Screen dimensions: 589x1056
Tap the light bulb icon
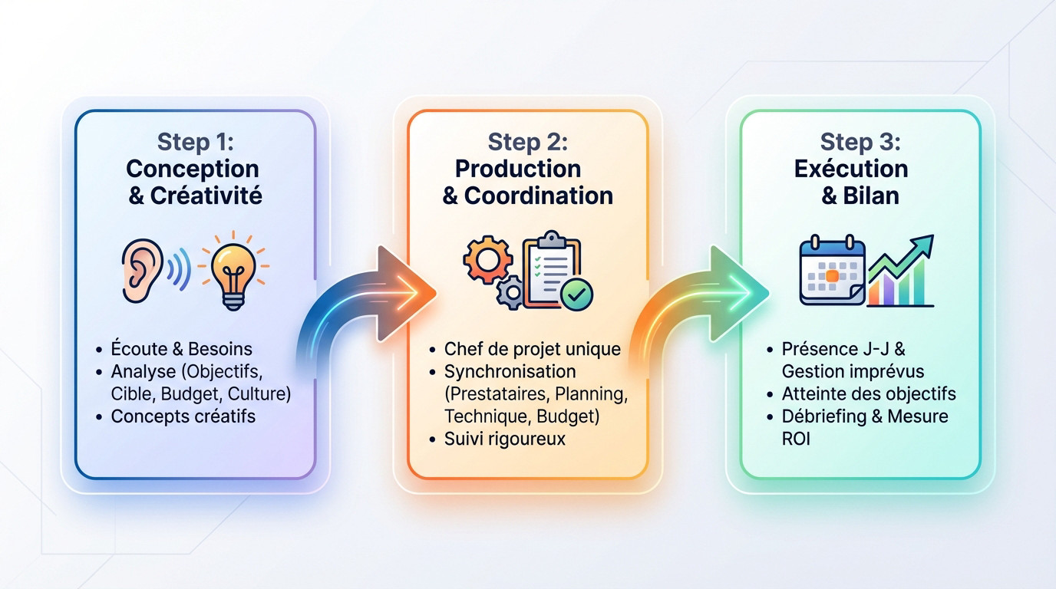tap(233, 272)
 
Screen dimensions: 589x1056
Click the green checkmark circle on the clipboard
tap(576, 294)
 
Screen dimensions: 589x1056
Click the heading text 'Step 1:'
tap(195, 142)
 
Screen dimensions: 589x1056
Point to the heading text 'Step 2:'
tap(527, 142)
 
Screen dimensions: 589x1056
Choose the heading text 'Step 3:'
tap(860, 142)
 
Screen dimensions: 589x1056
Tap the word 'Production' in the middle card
tap(518, 169)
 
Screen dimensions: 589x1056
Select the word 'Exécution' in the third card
tap(851, 169)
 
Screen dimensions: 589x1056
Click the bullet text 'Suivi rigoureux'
tap(504, 439)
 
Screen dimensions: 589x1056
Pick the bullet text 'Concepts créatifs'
tap(183, 416)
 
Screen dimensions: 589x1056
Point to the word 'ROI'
tap(796, 439)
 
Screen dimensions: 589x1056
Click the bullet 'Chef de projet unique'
tap(532, 349)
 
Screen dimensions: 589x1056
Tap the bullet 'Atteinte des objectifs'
tap(868, 394)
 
